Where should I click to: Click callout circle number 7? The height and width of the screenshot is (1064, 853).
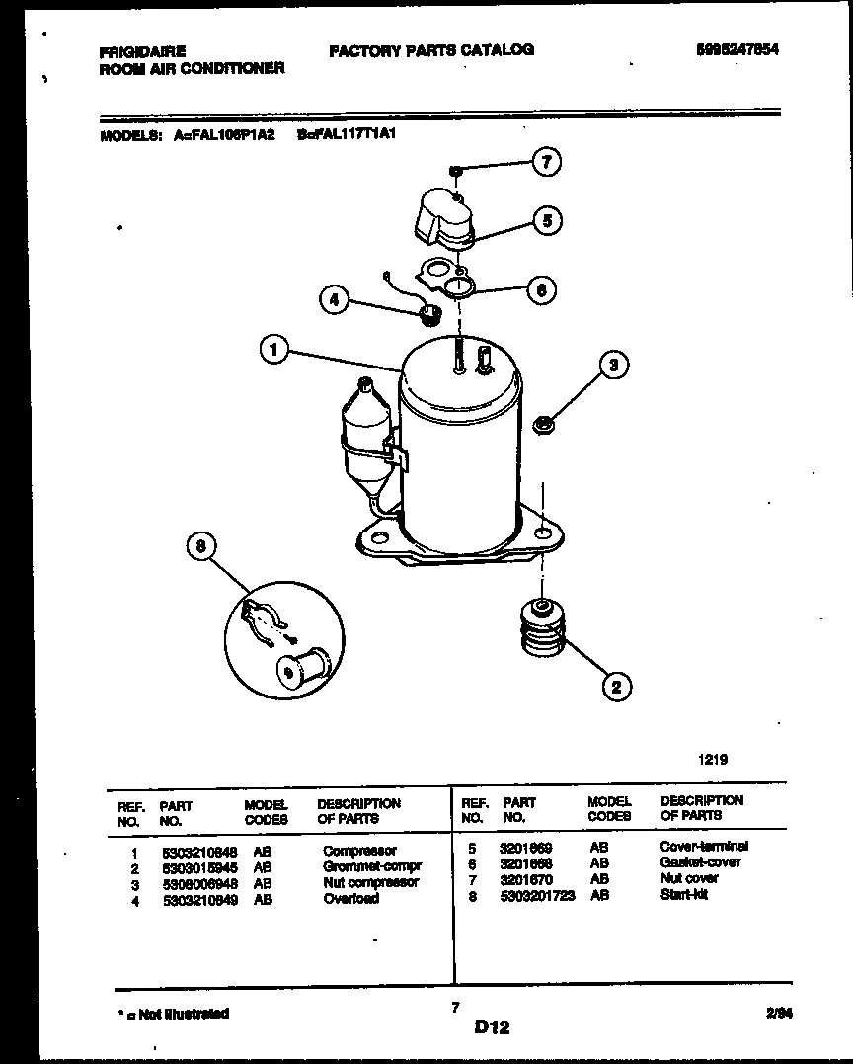coord(546,162)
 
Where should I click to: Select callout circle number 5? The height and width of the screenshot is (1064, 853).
coord(547,219)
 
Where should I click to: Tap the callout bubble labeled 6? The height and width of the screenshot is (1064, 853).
coord(540,289)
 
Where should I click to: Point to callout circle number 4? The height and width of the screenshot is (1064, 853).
coord(335,299)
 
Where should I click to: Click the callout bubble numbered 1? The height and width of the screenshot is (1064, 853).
coord(275,349)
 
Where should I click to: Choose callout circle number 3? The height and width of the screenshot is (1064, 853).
coord(614,367)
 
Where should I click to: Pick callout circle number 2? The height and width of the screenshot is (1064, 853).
coord(616,686)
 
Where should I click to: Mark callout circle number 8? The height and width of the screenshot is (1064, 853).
coord(201,548)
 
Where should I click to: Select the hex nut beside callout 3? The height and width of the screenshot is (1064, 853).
coord(542,426)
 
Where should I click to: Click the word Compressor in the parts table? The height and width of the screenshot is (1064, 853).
coord(359,851)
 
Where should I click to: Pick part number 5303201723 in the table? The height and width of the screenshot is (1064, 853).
coord(537,895)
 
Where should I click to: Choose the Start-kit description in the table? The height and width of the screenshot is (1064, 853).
coord(684,895)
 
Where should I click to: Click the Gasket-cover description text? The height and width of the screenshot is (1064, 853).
coord(700,862)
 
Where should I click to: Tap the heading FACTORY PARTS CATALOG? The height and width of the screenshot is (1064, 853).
coord(431,49)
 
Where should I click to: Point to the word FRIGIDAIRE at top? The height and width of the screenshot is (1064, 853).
coord(143,51)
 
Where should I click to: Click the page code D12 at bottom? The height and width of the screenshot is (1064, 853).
coord(492,1027)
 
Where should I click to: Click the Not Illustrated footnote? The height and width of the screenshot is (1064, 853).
coord(174,1014)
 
